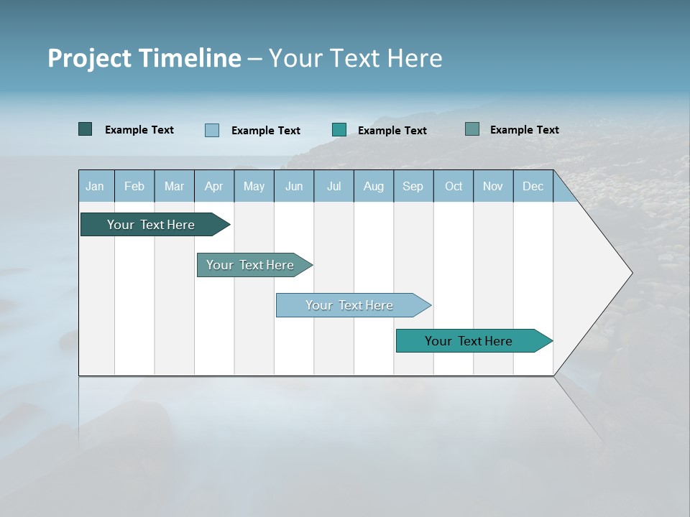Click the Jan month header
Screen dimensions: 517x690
click(x=95, y=187)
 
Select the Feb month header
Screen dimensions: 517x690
click(x=134, y=187)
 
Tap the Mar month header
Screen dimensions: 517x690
click(x=174, y=187)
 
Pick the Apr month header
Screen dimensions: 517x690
click(x=213, y=187)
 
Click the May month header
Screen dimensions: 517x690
click(x=254, y=187)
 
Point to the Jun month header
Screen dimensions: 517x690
click(x=294, y=187)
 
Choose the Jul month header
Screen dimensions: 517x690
click(x=333, y=187)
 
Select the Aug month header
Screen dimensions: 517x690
click(x=373, y=187)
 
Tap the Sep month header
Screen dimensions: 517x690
click(x=413, y=187)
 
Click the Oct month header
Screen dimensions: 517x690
click(x=454, y=187)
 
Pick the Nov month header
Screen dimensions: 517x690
click(x=493, y=187)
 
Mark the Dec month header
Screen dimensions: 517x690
click(x=533, y=187)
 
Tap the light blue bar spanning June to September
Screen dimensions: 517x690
click(x=350, y=305)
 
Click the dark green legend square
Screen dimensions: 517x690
click(x=85, y=129)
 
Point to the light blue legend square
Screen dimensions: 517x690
click(x=212, y=130)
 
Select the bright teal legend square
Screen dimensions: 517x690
click(x=339, y=129)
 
